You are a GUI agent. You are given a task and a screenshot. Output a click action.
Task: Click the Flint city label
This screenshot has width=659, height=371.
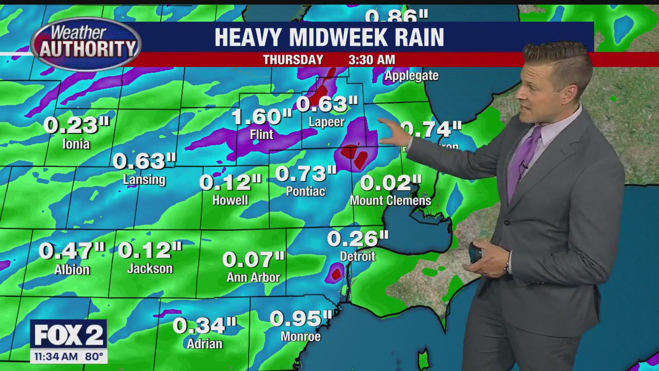coord(261,135)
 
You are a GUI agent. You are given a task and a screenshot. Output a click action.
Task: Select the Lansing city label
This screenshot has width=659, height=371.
coord(144,180)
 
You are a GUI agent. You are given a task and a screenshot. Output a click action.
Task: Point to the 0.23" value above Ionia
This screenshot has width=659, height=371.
coord(77,125)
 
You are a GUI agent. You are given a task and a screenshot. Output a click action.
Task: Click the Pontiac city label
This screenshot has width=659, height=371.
coord(306,191)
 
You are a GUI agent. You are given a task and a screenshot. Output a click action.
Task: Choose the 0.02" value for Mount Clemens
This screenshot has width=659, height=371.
coord(391,183)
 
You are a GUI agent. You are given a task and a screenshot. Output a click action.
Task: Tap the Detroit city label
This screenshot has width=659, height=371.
coord(357,256)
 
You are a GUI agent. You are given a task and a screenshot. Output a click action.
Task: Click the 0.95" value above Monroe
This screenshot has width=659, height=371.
coord(301,318)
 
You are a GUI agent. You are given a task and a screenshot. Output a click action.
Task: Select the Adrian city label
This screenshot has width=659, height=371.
coord(204,344)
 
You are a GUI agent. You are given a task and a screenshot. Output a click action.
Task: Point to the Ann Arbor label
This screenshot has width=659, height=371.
coord(253,277)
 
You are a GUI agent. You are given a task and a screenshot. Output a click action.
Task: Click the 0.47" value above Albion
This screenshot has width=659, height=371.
coord(72,251)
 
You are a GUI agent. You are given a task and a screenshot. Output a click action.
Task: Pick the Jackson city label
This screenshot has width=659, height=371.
coord(150,268)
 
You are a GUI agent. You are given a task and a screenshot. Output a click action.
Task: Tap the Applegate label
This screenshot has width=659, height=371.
coord(411,76)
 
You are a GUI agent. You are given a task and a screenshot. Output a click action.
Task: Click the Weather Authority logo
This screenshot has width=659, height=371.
coord(86,44)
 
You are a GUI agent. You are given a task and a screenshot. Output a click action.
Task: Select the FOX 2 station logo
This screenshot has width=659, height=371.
coord(68,335)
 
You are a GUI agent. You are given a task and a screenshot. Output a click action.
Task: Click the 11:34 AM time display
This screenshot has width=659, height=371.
coord(56,356)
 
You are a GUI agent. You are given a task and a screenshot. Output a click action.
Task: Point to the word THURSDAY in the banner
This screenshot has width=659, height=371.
coord(293,60)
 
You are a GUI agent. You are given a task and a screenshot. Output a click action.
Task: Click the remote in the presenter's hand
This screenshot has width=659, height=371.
coord(475,252)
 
